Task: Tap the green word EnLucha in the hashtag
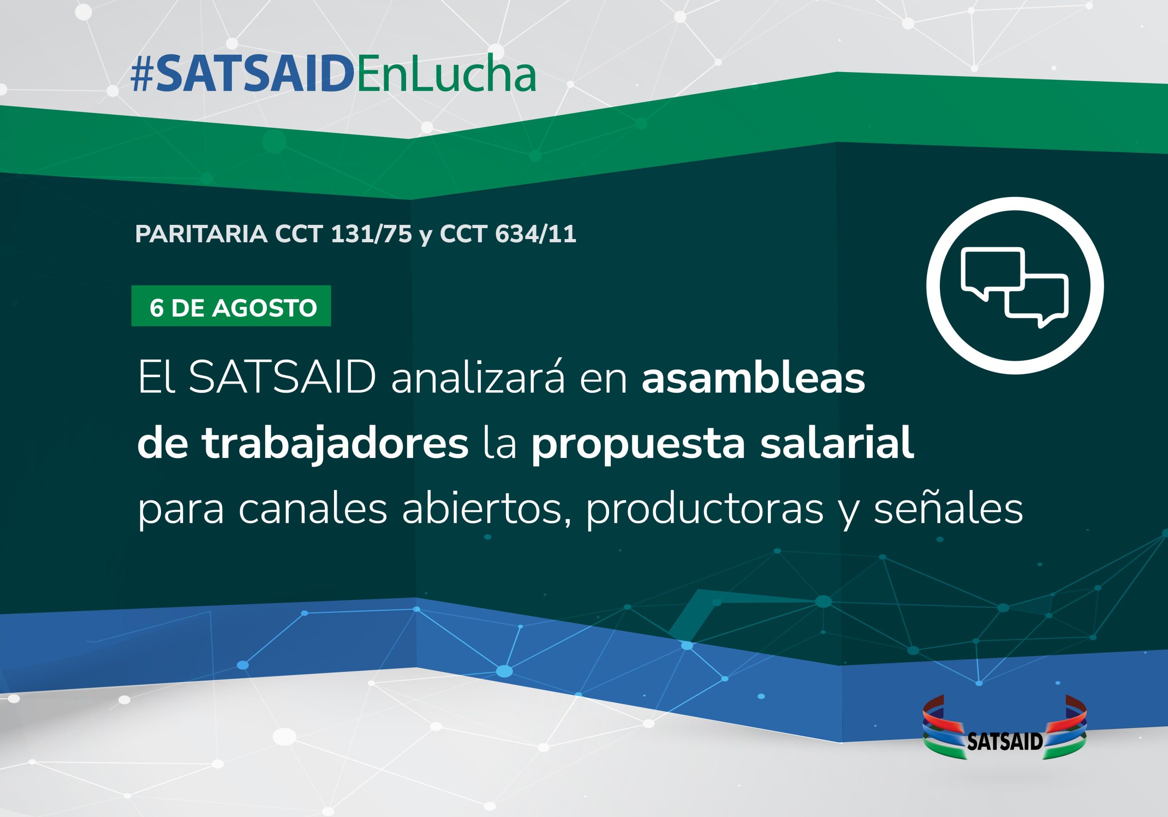(446, 75)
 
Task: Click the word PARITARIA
(202, 234)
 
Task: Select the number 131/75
(371, 234)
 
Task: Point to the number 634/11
(536, 234)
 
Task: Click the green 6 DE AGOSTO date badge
(231, 306)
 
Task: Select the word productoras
(704, 510)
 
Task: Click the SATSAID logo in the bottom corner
(1005, 728)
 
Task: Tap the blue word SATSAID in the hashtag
(254, 75)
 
